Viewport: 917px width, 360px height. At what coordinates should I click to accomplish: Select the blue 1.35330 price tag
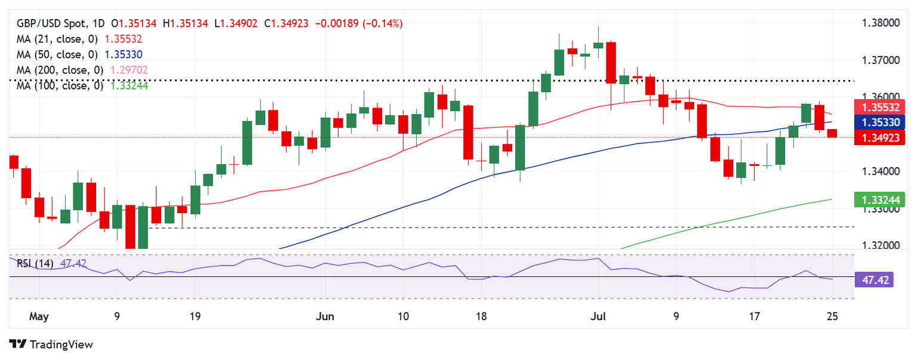pos(881,122)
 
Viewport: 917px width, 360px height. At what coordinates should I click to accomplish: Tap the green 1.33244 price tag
pos(881,199)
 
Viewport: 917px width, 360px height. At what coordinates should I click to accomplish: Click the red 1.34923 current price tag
pos(881,139)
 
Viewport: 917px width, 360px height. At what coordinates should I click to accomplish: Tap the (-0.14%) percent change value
pos(384,23)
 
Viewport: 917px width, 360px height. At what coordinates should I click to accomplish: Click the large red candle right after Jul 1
pos(611,63)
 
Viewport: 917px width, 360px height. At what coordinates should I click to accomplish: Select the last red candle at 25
pos(832,133)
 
